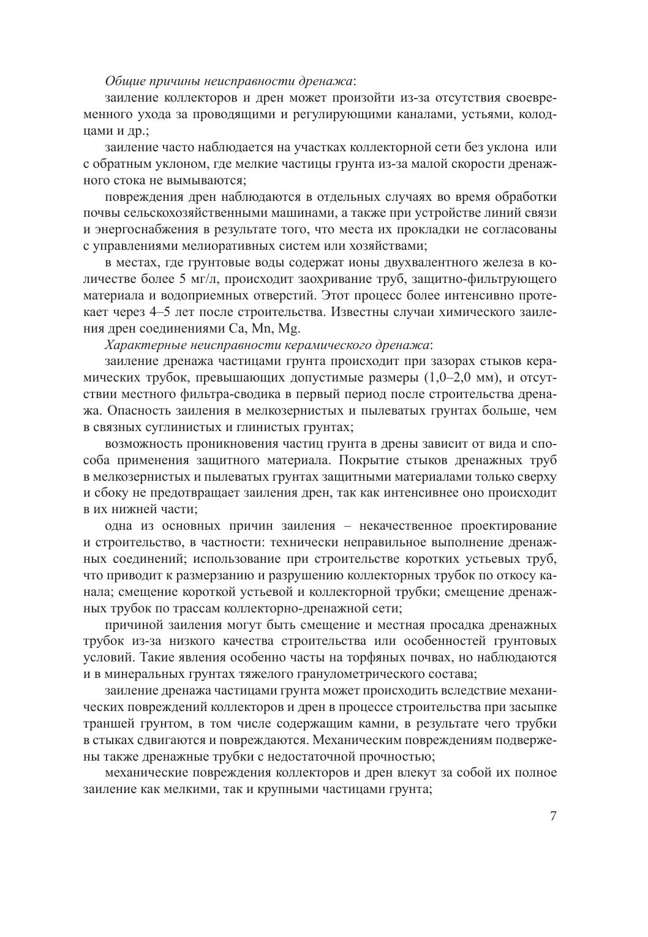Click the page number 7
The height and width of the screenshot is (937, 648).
[x=553, y=816]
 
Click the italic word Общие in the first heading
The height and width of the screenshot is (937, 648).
[x=124, y=81]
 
